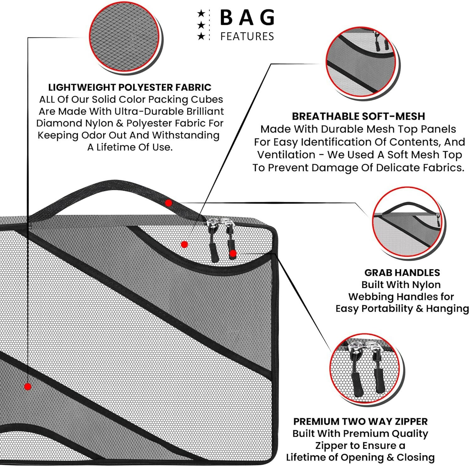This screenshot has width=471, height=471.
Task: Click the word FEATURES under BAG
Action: (x=247, y=36)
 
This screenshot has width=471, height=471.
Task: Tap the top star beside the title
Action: (x=201, y=14)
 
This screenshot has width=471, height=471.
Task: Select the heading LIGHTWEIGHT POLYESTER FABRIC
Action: (x=130, y=87)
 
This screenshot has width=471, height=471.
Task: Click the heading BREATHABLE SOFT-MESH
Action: (x=358, y=116)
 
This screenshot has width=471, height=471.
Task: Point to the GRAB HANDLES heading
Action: (x=402, y=273)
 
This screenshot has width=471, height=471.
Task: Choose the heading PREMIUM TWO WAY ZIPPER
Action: (x=360, y=421)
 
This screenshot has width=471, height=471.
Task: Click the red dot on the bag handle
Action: (x=169, y=203)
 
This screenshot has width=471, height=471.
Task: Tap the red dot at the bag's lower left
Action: (x=28, y=387)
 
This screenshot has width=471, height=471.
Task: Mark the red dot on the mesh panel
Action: (x=184, y=244)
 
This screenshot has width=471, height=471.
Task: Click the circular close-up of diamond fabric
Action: (x=125, y=40)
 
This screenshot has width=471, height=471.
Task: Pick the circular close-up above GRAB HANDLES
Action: (x=408, y=225)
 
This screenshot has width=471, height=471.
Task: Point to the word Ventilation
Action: (x=286, y=155)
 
